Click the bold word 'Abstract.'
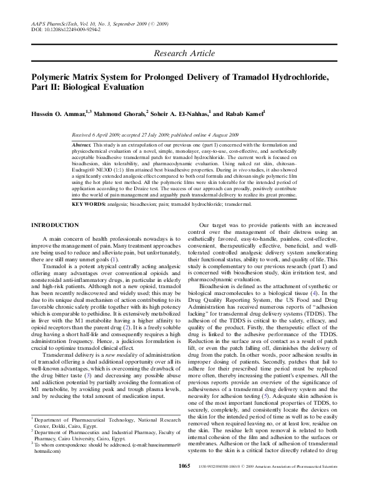tap(84, 144)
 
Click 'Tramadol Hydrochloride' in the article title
tap(278, 77)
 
